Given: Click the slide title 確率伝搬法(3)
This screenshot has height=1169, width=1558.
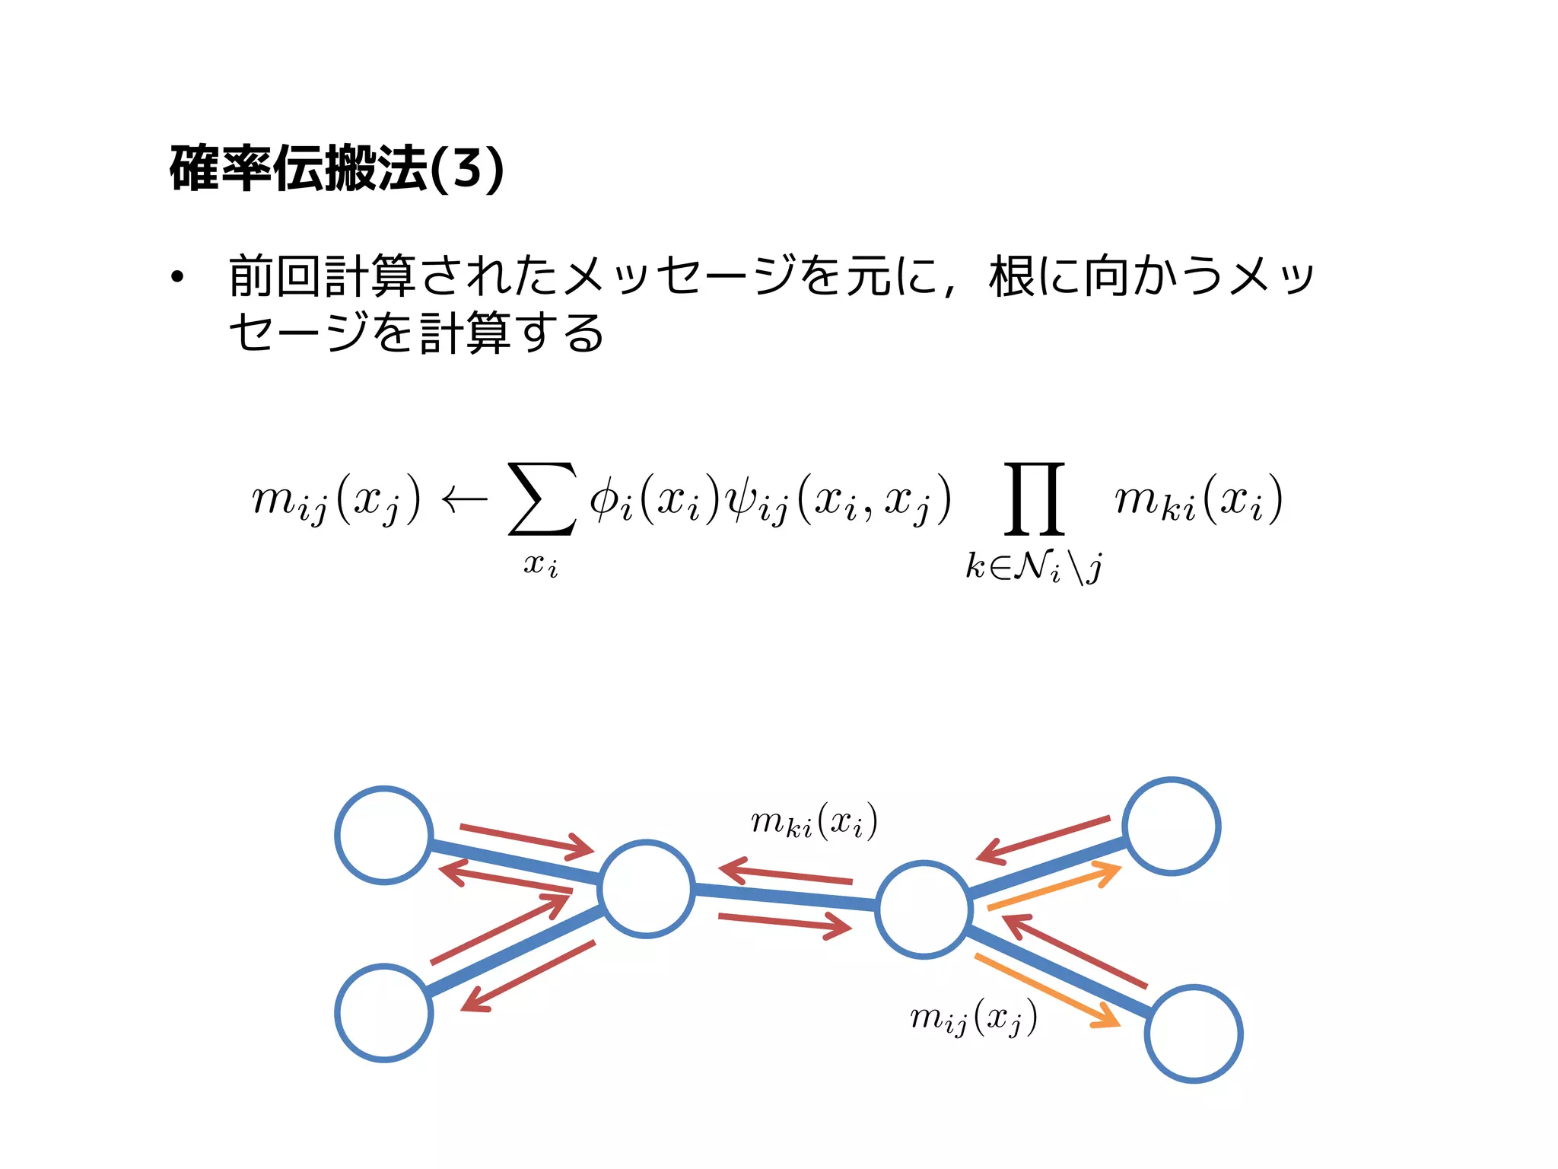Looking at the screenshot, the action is pos(336,168).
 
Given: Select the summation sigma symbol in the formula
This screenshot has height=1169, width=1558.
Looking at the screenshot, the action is pos(541,498).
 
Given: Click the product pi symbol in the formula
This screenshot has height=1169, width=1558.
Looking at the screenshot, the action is pos(1034,498).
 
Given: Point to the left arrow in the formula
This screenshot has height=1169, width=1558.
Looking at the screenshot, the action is pos(464,500).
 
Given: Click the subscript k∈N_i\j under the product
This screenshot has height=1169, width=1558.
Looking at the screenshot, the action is pos(1034,567).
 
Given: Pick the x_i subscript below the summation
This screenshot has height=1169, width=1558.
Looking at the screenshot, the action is pos(541,565).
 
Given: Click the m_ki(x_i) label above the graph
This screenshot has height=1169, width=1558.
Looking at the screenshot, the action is pos(814,822).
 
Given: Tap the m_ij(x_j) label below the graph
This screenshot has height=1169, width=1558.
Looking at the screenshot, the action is pos(973,1017).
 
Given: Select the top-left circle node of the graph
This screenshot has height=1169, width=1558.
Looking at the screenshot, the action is pos(384,835).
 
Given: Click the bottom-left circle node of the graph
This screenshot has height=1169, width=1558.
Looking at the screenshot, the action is pos(384,1012).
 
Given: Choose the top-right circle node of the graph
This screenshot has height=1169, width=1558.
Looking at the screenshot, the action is pos(1172,827).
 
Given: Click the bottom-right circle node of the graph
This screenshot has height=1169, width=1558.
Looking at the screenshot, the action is pos(1194,1034).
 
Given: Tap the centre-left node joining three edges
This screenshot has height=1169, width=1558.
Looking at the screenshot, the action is pos(646,889).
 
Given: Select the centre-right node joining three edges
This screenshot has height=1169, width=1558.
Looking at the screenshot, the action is pos(924,909).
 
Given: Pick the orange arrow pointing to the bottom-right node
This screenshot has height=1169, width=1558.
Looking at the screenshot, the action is pos(1048,992).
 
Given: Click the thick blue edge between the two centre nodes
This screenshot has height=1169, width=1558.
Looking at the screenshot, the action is pos(784,897).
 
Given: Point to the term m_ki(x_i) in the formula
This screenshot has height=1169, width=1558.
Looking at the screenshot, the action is pos(1198,500).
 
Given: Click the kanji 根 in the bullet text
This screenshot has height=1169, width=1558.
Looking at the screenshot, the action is pos(1013,276).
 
